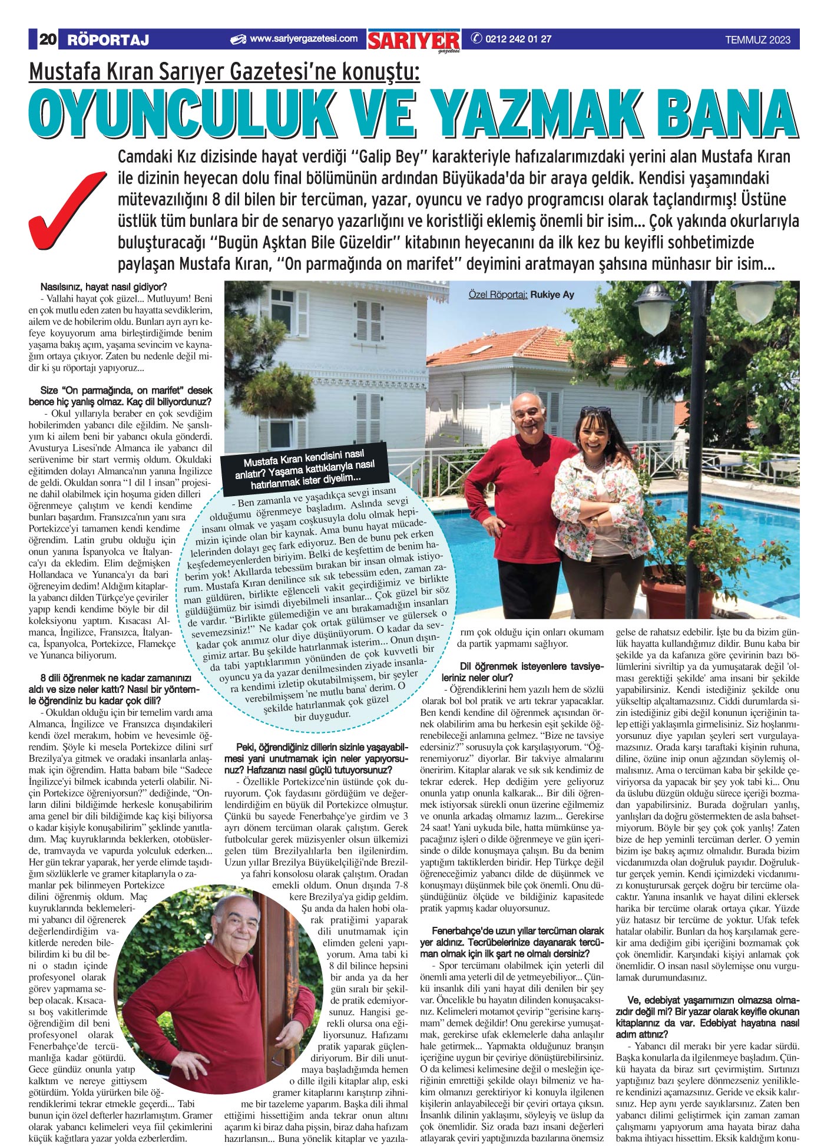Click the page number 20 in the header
click(x=47, y=40)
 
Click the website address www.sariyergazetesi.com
click(x=303, y=39)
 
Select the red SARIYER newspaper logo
click(x=413, y=41)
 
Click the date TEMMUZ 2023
click(x=757, y=40)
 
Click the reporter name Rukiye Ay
click(x=552, y=295)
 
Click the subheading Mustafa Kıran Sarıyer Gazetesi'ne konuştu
click(x=224, y=73)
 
